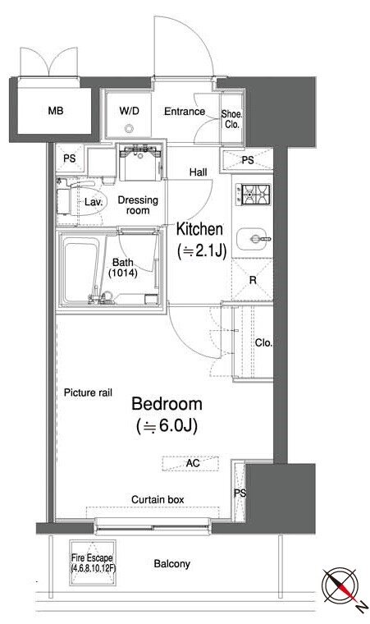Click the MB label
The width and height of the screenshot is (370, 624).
[56, 111]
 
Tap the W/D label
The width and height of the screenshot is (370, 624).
[130, 111]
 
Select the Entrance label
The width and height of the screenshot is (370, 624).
[185, 112]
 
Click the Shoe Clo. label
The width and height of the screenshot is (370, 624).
[231, 119]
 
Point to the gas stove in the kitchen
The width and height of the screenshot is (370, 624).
[253, 195]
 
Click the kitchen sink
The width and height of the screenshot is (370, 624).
[253, 240]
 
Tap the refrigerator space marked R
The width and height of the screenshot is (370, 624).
[252, 280]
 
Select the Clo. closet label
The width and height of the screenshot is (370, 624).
[264, 342]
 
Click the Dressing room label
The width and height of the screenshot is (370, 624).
[138, 205]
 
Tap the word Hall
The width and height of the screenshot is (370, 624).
[199, 172]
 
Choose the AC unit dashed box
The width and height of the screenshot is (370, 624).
[190, 463]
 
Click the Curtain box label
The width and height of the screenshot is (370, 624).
[158, 499]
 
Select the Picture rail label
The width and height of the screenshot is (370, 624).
[88, 392]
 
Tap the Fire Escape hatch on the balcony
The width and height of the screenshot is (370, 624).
[93, 562]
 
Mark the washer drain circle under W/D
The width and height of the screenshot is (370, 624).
[129, 129]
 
